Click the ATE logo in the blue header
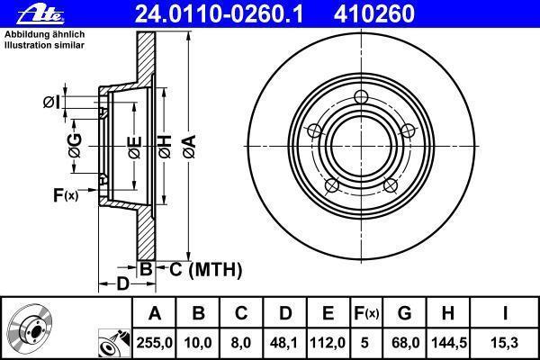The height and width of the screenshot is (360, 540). pos(40,14)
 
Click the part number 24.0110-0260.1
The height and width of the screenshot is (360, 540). pos(219,14)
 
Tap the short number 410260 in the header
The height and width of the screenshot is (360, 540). pos(373,14)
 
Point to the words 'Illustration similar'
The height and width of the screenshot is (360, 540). pos(44,45)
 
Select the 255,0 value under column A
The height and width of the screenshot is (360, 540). pos(154,343)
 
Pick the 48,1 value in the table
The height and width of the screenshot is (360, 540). pos(284,343)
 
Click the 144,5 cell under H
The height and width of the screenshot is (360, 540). pos(449,343)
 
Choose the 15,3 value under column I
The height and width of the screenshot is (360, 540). pos(505,343)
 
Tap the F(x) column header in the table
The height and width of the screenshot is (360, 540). pos(366,313)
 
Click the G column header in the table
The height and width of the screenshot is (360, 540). pos(404,313)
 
